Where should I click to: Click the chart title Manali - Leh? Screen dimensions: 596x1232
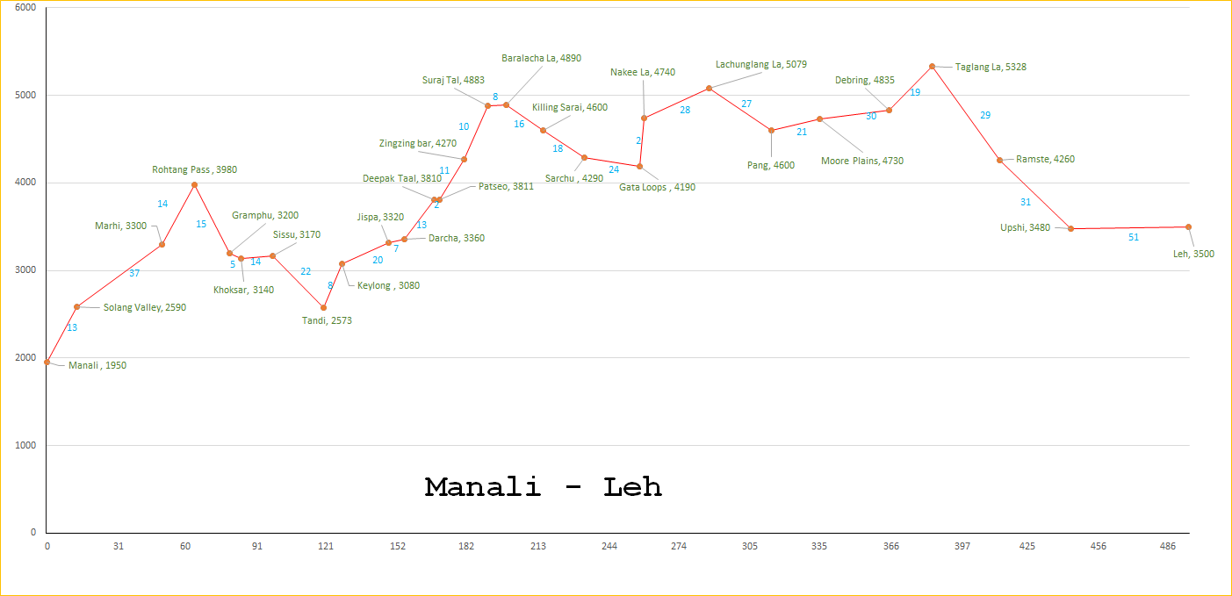[x=543, y=487]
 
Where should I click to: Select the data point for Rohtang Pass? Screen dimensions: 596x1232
[x=194, y=184]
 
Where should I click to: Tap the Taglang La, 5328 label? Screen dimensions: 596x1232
[x=991, y=67]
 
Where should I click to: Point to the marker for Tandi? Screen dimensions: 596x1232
[x=324, y=307]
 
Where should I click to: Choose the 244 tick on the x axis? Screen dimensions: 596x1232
[x=609, y=547]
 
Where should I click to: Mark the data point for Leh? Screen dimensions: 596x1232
[x=1188, y=226]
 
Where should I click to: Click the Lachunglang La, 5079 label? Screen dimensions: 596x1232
[x=760, y=64]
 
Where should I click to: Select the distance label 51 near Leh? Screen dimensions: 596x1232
[x=1133, y=237]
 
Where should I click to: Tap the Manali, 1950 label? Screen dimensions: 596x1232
[x=97, y=365]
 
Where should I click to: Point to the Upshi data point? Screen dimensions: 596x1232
[x=1070, y=228]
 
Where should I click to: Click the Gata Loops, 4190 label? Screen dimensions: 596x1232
[x=657, y=187]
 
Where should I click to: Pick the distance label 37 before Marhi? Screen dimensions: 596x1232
[x=134, y=273]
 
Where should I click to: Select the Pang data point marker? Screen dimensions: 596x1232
[x=771, y=130]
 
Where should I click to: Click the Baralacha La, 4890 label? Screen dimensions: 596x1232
[x=541, y=58]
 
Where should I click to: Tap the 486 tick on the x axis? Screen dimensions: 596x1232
[x=1168, y=547]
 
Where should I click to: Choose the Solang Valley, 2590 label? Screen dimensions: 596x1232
[x=145, y=307]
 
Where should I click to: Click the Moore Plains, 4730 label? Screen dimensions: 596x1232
[x=861, y=161]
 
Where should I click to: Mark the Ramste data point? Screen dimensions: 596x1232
[x=999, y=160]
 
